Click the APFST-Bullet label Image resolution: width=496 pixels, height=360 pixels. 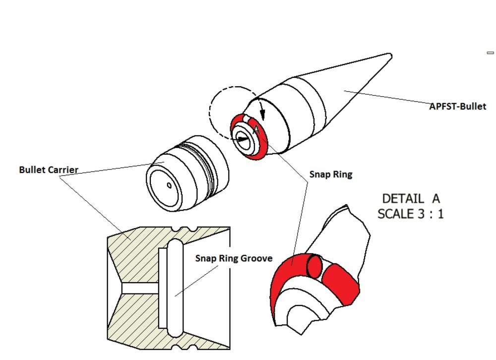coord(457,106)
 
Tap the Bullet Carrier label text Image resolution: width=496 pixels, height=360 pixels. coord(49,170)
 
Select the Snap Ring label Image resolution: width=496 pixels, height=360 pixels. coord(330,174)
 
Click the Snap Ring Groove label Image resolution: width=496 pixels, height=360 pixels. coord(234,258)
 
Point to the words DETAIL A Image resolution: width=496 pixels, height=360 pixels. coord(411,199)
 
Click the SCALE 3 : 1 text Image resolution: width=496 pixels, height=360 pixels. coord(410,214)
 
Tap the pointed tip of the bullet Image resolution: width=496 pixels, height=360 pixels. coord(389,54)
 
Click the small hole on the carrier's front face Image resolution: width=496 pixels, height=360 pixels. coord(169,186)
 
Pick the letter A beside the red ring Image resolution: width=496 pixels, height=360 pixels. coord(255,130)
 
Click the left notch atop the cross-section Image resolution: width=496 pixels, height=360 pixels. coord(178,229)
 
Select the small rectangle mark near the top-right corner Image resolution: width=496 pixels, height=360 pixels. coord(491,53)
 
